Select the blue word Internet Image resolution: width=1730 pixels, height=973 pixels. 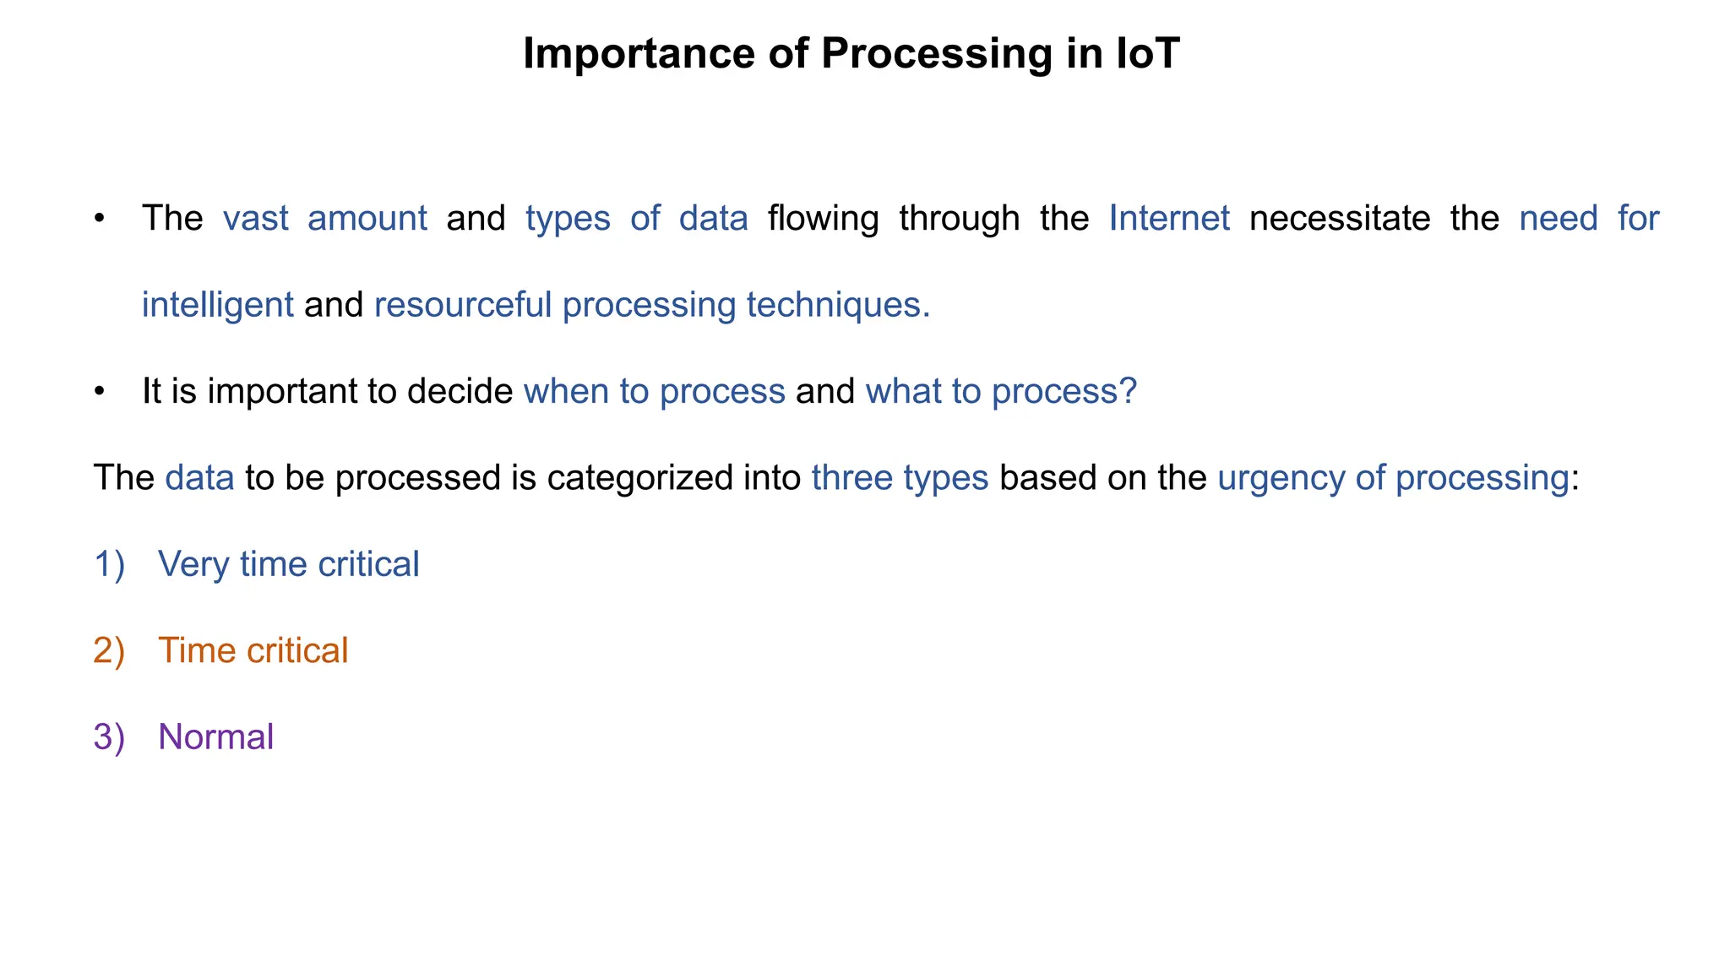1169,219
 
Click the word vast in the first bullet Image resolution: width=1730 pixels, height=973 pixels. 255,219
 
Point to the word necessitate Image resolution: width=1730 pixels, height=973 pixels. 1340,219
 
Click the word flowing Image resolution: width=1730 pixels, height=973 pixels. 823,219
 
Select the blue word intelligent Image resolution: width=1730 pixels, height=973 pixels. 217,305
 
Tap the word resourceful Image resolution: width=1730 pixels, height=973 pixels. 463,305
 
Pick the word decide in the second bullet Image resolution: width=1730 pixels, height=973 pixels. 460,392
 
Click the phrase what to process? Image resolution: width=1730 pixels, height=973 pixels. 1001,392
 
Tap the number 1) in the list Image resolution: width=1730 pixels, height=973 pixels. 109,564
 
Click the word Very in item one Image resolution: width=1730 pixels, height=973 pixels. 193,564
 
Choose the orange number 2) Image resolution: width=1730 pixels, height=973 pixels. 109,651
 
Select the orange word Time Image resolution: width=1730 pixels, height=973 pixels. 196,651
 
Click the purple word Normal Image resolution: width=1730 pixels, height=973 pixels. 215,737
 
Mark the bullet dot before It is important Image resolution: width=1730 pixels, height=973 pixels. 100,392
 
